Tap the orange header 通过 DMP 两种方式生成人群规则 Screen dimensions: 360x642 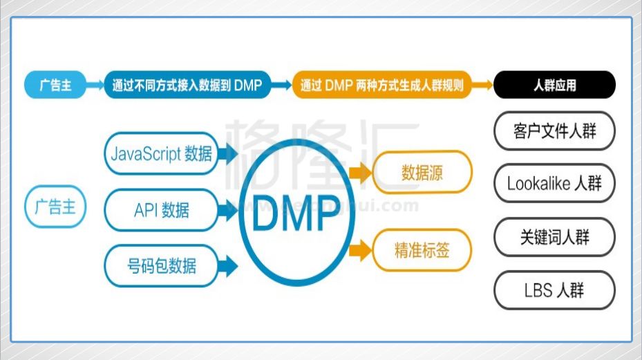coord(381,86)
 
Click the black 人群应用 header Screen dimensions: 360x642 coord(554,86)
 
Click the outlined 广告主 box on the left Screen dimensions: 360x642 coord(55,207)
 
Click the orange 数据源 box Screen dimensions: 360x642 coord(422,173)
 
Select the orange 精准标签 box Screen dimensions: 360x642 coord(422,250)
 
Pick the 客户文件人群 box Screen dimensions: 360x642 coord(554,131)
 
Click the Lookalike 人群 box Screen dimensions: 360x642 coord(554,184)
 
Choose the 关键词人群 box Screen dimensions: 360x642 coord(554,237)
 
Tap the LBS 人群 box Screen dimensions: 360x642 coord(554,290)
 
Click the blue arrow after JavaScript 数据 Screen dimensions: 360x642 coord(228,153)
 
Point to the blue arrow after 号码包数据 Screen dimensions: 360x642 coord(228,265)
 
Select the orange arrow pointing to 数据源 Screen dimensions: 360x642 coord(360,173)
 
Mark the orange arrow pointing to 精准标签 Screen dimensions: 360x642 coord(360,250)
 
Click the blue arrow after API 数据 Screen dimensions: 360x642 coord(228,209)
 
